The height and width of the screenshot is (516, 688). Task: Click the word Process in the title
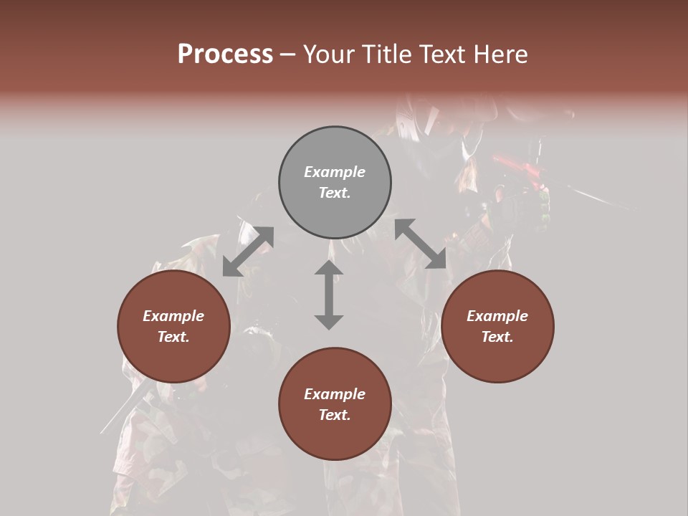tap(225, 54)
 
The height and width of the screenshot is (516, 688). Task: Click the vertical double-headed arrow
tap(329, 295)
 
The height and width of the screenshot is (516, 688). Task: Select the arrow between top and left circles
tap(248, 251)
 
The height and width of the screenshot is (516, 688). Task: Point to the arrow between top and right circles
tap(420, 244)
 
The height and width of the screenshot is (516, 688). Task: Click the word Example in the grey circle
tap(335, 172)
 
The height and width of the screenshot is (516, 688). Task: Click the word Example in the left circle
tap(173, 316)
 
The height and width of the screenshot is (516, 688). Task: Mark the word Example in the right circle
tap(497, 316)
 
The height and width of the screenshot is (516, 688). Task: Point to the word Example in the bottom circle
tap(335, 394)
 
